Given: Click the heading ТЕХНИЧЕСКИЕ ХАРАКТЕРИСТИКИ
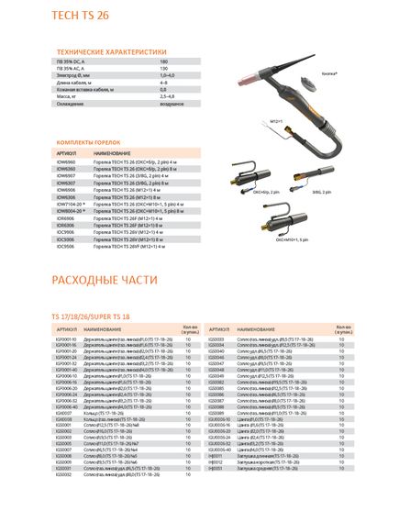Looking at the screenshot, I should [x=111, y=51].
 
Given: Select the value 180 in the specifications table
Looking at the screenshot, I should [x=163, y=61].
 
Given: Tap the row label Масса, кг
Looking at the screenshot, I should [x=68, y=95].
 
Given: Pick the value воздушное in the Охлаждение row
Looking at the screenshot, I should [x=172, y=102].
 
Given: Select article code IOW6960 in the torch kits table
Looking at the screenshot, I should [x=66, y=161].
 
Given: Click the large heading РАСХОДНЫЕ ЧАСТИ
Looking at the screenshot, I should [x=106, y=279].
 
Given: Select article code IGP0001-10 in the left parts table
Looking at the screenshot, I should [x=68, y=339].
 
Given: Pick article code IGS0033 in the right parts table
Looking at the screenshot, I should [x=217, y=339].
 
